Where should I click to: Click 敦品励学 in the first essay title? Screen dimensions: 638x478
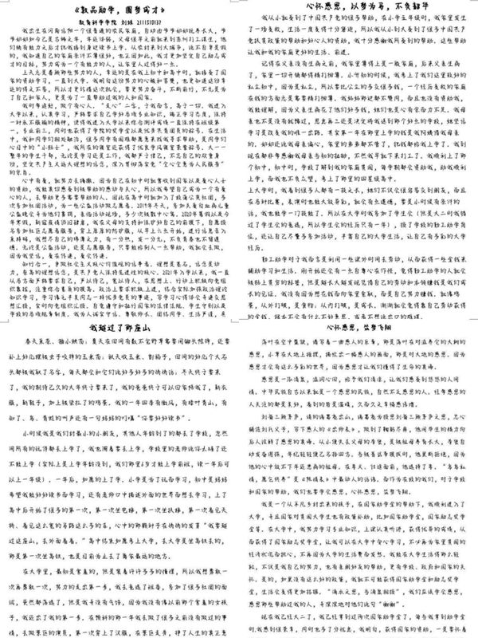pyautogui.click(x=93, y=11)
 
